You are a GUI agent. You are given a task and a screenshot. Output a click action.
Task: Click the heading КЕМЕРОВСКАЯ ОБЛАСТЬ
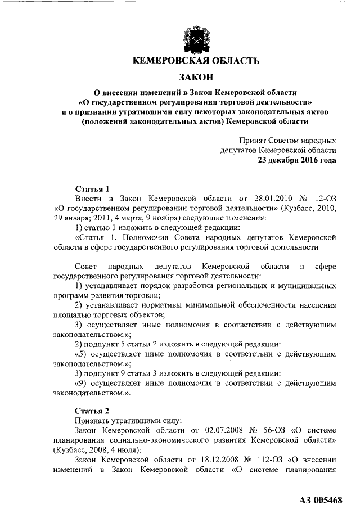195,61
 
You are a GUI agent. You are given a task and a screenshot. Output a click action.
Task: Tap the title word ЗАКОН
195,77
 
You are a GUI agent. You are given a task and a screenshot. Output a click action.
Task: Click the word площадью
73,314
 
